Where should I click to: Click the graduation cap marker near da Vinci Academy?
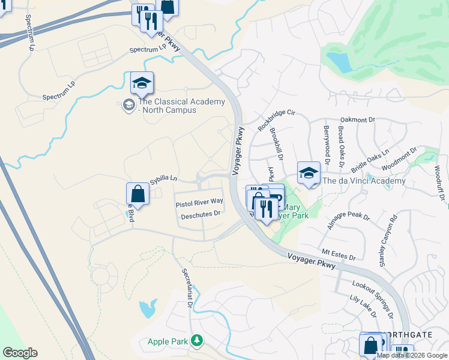[x=309, y=173]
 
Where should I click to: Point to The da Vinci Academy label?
[x=364, y=181]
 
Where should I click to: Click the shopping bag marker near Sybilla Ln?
[x=138, y=194]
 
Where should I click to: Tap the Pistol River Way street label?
[x=199, y=204]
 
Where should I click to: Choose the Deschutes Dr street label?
[x=201, y=213]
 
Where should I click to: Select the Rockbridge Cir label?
[x=277, y=119]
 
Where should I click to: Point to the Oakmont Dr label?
[x=357, y=120]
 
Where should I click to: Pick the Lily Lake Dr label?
[x=363, y=306]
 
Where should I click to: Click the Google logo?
[x=20, y=353]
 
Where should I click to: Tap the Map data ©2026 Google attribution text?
[x=412, y=355]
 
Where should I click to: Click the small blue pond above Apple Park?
[x=148, y=309]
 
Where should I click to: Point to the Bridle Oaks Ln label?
[x=371, y=161]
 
